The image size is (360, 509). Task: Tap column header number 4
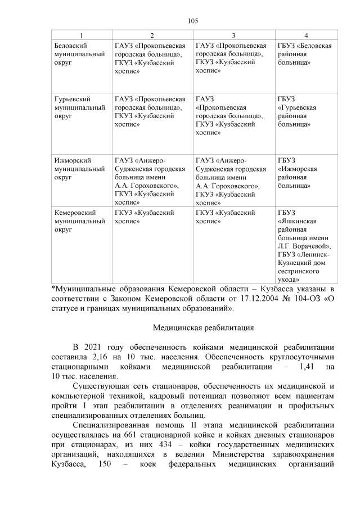click(306, 35)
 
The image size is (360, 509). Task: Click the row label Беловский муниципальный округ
click(79, 53)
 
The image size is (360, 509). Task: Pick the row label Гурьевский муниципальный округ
click(79, 106)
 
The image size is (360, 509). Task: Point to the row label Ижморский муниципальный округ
click(79, 168)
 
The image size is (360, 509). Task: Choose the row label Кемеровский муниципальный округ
click(79, 221)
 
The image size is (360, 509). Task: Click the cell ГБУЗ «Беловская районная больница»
click(305, 53)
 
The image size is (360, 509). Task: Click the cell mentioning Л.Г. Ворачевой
click(305, 246)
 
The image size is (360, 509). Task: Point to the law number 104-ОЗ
click(305, 299)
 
